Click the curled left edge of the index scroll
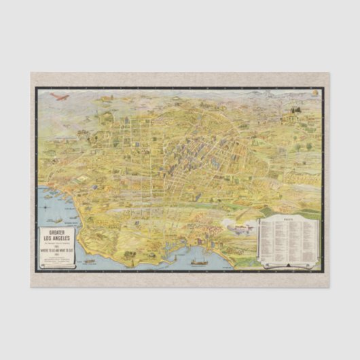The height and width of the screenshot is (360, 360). click(x=259, y=238)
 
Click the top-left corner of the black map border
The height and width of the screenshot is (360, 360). click(x=36, y=88)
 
